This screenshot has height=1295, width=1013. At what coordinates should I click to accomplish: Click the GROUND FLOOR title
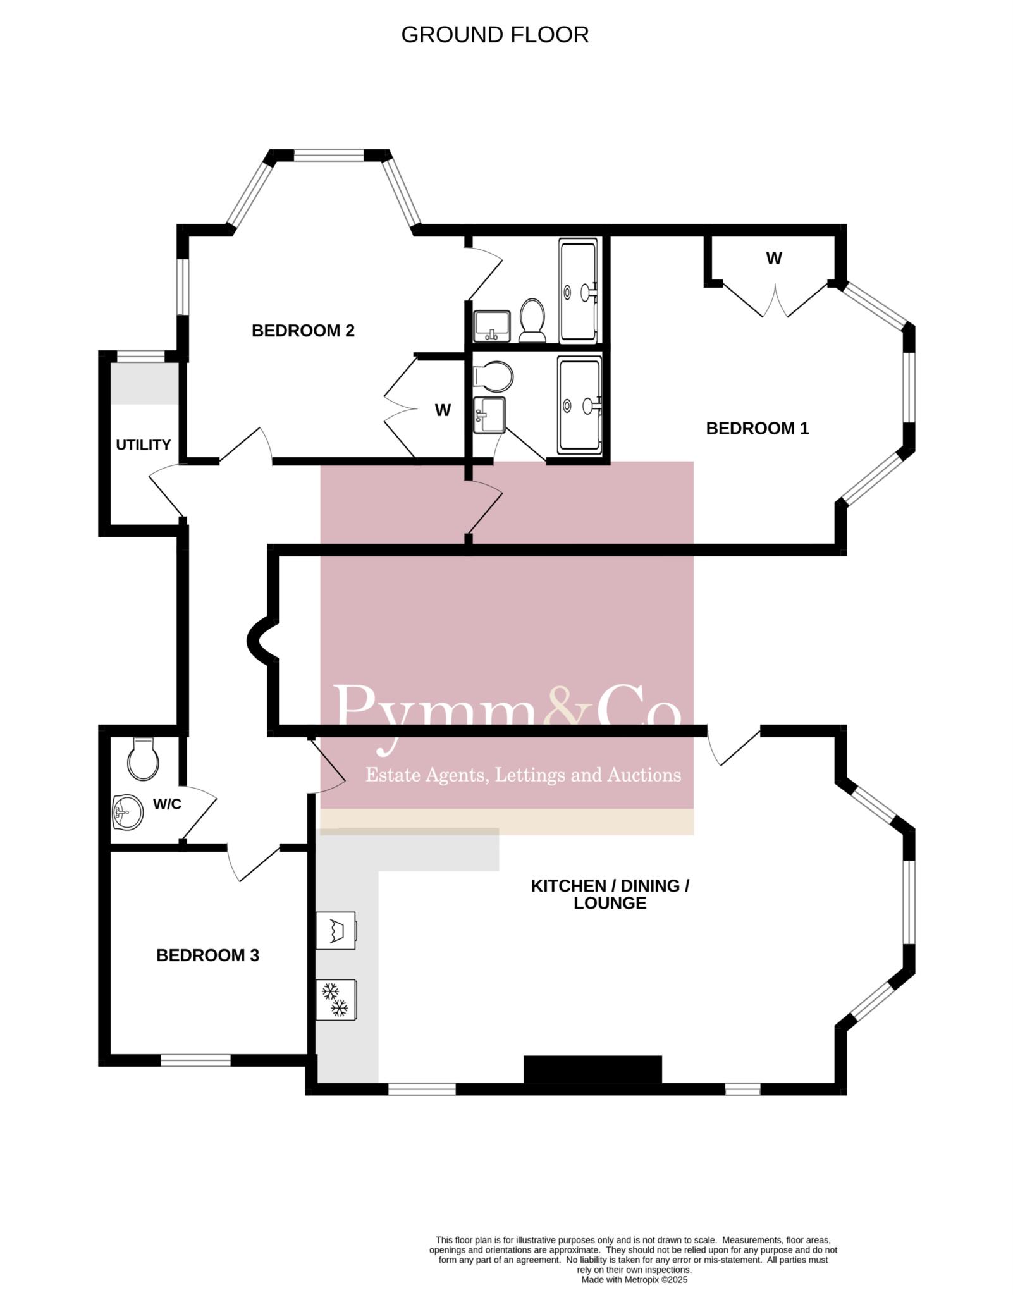494,35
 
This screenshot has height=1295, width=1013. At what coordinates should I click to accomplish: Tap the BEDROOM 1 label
757,428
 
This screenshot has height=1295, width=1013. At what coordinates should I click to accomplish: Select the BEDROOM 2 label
303,330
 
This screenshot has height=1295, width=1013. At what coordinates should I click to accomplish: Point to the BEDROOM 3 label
207,955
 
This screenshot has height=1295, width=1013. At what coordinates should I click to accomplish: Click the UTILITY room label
143,445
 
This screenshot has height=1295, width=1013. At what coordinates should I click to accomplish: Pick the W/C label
167,804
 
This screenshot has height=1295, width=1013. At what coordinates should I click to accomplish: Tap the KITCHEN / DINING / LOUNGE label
610,894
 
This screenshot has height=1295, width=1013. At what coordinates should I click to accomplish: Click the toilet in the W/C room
142,759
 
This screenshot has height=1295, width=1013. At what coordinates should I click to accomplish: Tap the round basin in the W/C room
128,812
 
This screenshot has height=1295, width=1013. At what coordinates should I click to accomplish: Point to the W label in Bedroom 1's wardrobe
774,258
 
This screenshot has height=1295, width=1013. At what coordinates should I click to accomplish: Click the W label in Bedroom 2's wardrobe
443,410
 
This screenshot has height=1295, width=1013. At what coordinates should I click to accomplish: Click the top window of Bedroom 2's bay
329,154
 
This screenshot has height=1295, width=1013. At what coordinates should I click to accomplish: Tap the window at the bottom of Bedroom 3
195,1060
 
